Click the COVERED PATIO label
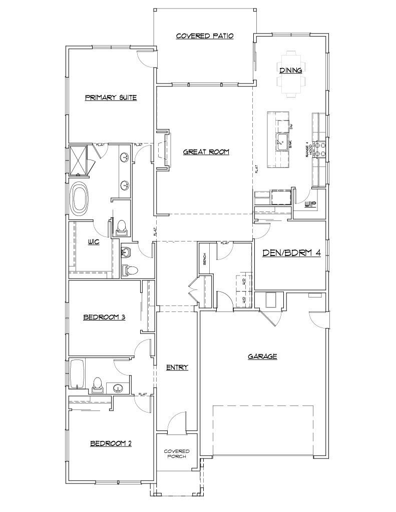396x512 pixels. tap(205, 36)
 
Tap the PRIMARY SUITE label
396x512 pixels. tap(111, 97)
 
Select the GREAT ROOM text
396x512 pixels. tap(206, 151)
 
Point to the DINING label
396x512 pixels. tap(291, 70)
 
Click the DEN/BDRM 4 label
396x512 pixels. tap(291, 253)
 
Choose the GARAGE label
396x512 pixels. tap(262, 356)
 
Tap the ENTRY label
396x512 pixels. tap(177, 367)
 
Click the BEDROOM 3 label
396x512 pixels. tap(104, 317)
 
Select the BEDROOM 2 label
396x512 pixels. tap(111, 443)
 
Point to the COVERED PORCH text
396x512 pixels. tap(177, 454)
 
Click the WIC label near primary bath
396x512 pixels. tap(94, 242)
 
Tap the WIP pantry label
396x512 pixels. tap(310, 204)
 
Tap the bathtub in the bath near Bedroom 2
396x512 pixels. tap(77, 373)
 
